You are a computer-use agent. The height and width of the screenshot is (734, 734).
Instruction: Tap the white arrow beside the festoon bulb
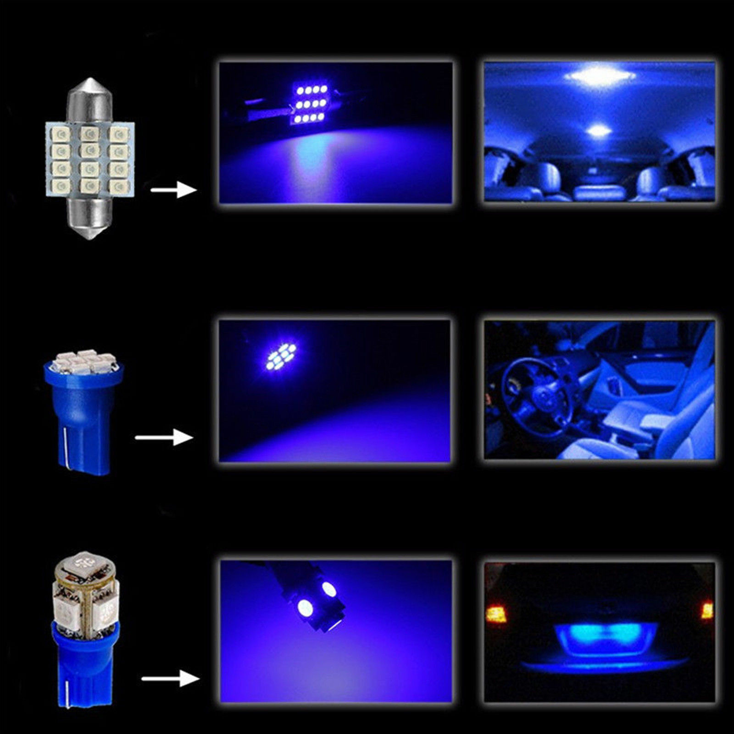(173, 189)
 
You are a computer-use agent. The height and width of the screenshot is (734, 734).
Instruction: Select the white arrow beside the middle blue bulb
(164, 437)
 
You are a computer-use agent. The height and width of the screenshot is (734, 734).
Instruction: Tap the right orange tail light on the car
(707, 611)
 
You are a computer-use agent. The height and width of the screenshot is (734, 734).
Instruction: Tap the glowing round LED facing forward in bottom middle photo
(303, 609)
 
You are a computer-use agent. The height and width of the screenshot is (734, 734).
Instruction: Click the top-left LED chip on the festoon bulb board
(61, 135)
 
